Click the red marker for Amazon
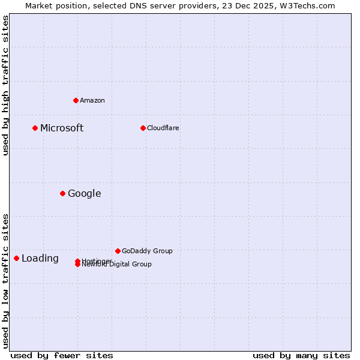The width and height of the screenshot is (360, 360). pos(76,100)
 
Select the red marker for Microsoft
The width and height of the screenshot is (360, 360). pos(35,128)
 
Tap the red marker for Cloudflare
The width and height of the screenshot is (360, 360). pos(143,128)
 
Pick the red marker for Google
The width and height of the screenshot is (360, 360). pos(62,193)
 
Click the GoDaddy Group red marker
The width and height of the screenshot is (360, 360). pos(118,251)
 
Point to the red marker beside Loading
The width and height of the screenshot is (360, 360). pos(16,258)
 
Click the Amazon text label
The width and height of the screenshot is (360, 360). pos(92,100)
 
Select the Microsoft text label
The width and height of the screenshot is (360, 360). pos(62,128)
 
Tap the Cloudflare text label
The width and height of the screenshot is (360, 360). pos(163,128)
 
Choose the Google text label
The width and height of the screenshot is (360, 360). pos(84,193)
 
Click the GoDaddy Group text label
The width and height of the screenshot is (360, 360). pos(147,251)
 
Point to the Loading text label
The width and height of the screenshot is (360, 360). pos(40,259)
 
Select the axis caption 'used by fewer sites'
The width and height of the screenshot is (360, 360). pos(62,355)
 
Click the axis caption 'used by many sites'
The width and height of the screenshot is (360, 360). pos(301,355)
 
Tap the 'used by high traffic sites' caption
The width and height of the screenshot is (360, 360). pos(5,85)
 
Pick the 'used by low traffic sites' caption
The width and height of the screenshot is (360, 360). pos(5,280)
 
